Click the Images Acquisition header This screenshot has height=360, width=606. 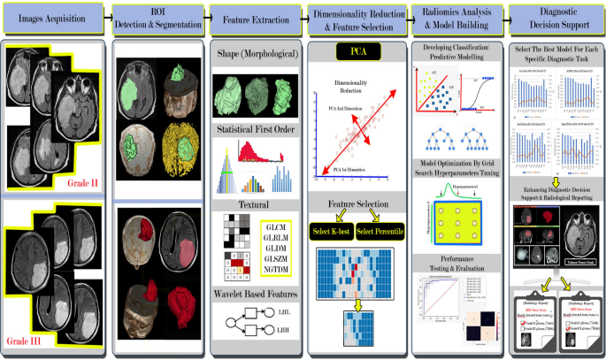coord(54,17)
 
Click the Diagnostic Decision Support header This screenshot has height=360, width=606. coord(554,17)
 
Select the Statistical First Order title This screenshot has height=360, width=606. coord(257,131)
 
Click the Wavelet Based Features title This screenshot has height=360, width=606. coord(257,293)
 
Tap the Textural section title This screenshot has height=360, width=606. coord(257,204)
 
